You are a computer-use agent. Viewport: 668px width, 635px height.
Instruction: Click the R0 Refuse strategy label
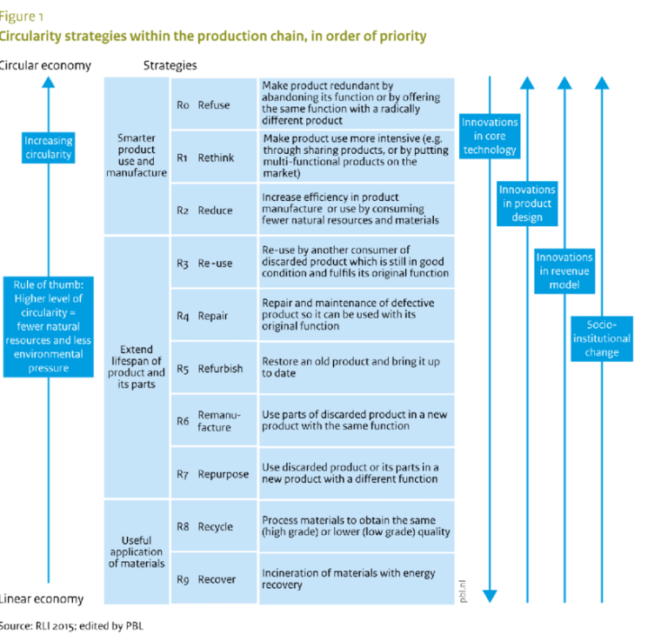pos(203,104)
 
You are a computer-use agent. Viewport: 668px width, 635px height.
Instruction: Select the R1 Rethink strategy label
pos(204,157)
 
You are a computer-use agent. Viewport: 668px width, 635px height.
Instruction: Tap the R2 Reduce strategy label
pos(204,211)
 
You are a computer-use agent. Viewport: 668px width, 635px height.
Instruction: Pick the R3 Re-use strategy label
pos(204,264)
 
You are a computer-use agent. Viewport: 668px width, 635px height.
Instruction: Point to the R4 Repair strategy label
pos(202,316)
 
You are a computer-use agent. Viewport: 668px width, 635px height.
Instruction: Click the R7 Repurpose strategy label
pos(212,474)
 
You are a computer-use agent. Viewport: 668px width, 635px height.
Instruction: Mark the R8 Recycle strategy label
pos(204,526)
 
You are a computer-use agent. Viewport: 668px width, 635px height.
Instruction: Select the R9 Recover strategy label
pos(205,579)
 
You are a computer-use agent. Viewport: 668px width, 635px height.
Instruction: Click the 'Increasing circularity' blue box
pos(49,148)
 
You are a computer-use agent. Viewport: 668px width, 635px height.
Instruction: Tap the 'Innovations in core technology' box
pos(490,136)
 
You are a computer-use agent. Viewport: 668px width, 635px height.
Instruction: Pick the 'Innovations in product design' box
pos(527,203)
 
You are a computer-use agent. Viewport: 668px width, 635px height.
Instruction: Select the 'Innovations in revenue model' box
pos(564,271)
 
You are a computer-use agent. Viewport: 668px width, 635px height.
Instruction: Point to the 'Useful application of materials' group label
pos(137,551)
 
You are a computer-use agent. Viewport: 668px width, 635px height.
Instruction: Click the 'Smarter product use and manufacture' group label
pos(136,155)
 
